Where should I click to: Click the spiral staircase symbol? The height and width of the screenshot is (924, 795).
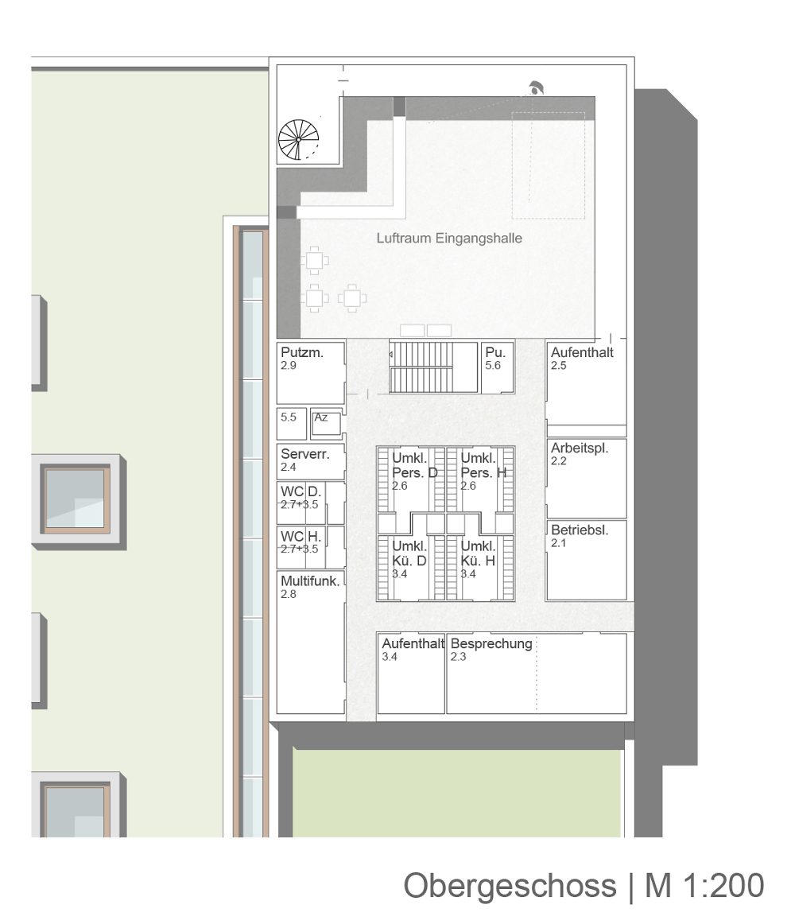[x=298, y=140]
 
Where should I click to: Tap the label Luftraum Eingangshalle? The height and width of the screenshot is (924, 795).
[x=449, y=238]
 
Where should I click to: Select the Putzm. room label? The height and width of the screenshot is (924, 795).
[x=302, y=352]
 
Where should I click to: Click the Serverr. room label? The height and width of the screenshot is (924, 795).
[x=304, y=454]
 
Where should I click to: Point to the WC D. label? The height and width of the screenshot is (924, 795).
[x=301, y=491]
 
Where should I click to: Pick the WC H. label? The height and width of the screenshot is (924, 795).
[x=301, y=536]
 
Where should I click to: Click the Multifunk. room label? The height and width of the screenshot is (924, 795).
[x=310, y=581]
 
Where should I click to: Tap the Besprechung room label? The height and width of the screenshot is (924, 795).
[x=491, y=643]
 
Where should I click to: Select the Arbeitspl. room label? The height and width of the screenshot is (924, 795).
[x=580, y=448]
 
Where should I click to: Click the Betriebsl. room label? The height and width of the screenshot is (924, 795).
[x=580, y=530]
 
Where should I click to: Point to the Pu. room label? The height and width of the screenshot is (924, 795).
[x=495, y=352]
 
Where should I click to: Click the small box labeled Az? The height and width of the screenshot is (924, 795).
[x=326, y=423]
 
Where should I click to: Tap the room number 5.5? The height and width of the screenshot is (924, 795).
[x=288, y=417]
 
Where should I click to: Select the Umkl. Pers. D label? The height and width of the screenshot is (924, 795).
[x=415, y=465]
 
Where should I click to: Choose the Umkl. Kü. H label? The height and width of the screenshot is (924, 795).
[x=478, y=553]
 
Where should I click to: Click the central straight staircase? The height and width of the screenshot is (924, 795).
[x=433, y=367]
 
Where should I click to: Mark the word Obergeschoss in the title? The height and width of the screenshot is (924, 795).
[x=510, y=885]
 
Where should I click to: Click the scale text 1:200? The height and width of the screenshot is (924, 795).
[x=723, y=885]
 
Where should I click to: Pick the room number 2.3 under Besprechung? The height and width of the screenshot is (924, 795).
[x=458, y=657]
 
